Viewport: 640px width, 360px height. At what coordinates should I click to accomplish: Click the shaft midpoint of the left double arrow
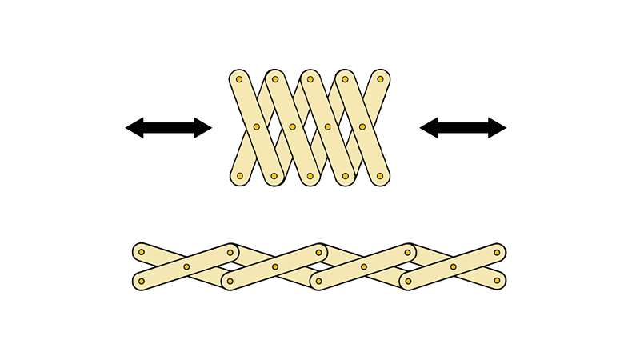click(x=169, y=127)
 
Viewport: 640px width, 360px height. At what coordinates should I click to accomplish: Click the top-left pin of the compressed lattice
click(x=239, y=79)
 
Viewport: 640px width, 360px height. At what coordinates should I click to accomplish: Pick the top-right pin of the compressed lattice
click(x=380, y=79)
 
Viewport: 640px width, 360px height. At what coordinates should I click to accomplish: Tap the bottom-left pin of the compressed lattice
click(x=239, y=176)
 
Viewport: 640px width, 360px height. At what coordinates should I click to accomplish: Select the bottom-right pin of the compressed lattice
click(x=380, y=176)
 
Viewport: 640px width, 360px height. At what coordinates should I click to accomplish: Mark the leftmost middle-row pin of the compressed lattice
click(x=257, y=126)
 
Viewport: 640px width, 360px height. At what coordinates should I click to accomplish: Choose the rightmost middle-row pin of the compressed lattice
click(x=362, y=126)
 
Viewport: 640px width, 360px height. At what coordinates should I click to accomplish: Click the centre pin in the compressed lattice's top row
click(x=310, y=79)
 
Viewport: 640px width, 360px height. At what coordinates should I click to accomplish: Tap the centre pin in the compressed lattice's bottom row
click(x=310, y=176)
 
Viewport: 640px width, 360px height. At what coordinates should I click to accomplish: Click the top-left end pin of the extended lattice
click(x=142, y=252)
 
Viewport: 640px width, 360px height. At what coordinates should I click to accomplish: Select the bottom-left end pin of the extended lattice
click(x=142, y=281)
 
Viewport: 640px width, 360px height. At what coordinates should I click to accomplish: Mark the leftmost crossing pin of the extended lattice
click(x=186, y=266)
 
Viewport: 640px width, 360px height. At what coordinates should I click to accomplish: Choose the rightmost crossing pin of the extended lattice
click(x=453, y=266)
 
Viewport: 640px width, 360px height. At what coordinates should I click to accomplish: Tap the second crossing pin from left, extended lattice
click(x=275, y=266)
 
